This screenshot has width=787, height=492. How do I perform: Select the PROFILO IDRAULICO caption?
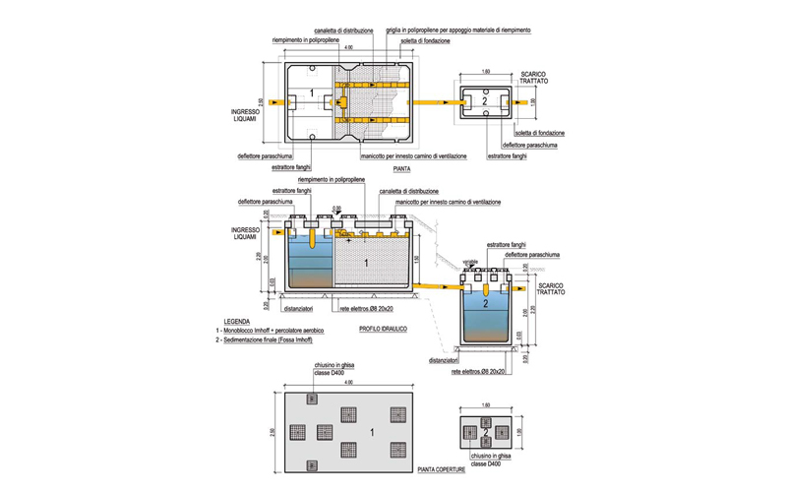[383, 328]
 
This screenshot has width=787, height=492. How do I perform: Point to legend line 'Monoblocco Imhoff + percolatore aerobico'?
[280, 331]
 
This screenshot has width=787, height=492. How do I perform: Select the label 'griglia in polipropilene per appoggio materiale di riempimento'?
[458, 31]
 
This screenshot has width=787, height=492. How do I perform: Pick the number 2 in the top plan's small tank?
[483, 101]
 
